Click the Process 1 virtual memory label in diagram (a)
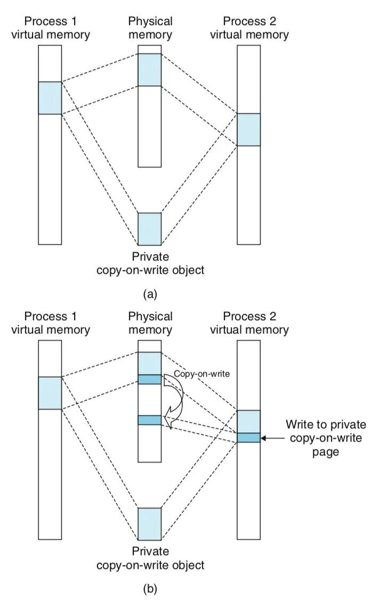pyautogui.click(x=57, y=28)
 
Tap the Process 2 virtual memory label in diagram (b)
pyautogui.click(x=249, y=323)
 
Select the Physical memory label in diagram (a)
pyautogui.click(x=150, y=28)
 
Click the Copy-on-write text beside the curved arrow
pyautogui.click(x=201, y=374)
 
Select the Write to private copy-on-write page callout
pyautogui.click(x=326, y=437)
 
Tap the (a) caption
pyautogui.click(x=150, y=294)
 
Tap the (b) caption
pyautogui.click(x=150, y=589)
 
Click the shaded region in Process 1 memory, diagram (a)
pyautogui.click(x=51, y=98)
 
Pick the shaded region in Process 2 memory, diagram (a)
pyautogui.click(x=249, y=129)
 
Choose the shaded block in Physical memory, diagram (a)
pyautogui.click(x=150, y=70)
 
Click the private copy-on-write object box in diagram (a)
pyautogui.click(x=150, y=229)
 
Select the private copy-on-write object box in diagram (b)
pyautogui.click(x=150, y=524)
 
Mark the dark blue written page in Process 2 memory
pyautogui.click(x=249, y=437)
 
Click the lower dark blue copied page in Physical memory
pyautogui.click(x=150, y=420)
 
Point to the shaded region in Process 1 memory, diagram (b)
pyautogui.click(x=51, y=393)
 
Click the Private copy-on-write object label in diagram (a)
pyautogui.click(x=150, y=264)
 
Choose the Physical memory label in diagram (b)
pyautogui.click(x=150, y=323)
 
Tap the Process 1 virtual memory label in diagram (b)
pyautogui.click(x=57, y=323)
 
